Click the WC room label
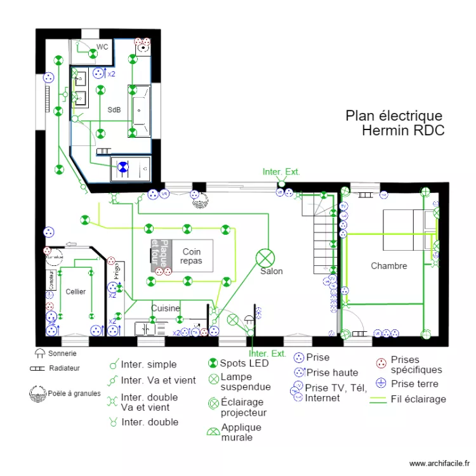102,47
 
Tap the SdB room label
114,110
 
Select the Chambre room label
389,266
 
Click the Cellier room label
76,291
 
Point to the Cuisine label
166,308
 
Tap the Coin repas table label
191,256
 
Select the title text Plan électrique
393,116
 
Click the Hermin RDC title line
403,131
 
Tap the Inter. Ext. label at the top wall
281,172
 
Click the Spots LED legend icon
213,364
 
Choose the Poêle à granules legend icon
38,393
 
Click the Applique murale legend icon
213,432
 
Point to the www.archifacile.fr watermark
441,464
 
